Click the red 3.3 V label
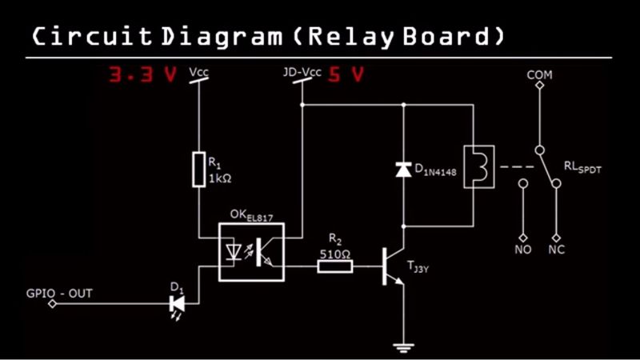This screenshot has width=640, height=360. pos(143,74)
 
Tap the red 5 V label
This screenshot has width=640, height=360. pos(346,74)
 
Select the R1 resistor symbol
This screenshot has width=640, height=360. pos(198,170)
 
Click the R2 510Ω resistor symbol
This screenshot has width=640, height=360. pos(335,267)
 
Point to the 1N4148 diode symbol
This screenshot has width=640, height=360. pos(403,170)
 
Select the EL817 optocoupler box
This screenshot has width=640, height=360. pos(251,252)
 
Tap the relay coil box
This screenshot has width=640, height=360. pos(479,166)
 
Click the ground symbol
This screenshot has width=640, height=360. pos(403,348)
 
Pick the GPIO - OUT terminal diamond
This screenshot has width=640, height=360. pos(52,304)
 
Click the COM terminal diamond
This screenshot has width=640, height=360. pos(539,86)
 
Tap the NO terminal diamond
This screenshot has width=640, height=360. pos(523,238)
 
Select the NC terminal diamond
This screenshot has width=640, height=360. pos(556,238)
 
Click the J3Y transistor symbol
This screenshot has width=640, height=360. pos(393,266)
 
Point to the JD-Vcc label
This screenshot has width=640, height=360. pos(302,72)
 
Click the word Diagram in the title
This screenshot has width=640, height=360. pos(222,37)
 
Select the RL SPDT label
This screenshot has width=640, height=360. pos(582,167)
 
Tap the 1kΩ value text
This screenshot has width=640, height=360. pos(220,178)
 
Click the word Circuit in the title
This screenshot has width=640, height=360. pos(92,36)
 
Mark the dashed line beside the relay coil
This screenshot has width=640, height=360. pos(517,166)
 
